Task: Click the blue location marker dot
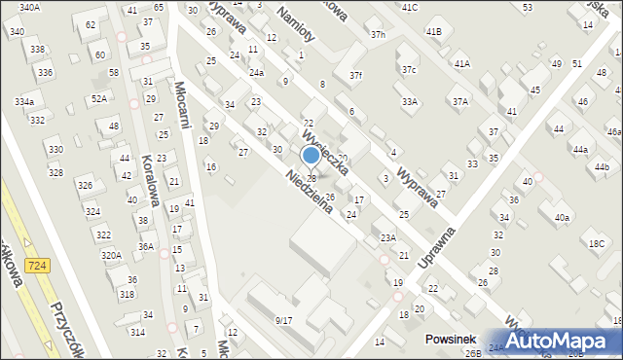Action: click(311, 155)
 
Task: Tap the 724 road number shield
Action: click(37, 278)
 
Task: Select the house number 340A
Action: click(29, 7)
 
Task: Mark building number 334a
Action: click(24, 101)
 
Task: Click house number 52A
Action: click(99, 98)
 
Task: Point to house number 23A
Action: click(388, 237)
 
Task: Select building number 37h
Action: click(378, 35)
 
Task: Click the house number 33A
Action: click(410, 101)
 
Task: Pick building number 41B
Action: click(433, 31)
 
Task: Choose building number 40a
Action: click(562, 217)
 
